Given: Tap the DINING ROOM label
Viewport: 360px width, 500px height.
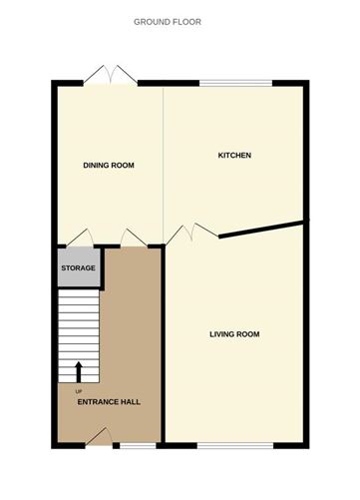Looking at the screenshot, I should click(x=109, y=166).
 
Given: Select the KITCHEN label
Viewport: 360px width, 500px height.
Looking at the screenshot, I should click(x=234, y=156).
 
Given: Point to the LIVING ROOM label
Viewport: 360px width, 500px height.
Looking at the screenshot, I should click(x=234, y=334).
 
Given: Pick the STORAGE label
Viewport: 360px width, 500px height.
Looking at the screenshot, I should click(x=79, y=268).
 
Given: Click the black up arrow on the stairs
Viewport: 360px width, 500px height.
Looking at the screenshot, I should click(x=79, y=371).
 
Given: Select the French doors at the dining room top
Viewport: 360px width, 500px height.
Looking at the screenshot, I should click(x=109, y=78).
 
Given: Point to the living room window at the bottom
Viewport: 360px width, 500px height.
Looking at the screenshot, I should click(x=233, y=442).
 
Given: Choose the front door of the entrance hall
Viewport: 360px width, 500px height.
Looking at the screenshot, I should click(x=99, y=436).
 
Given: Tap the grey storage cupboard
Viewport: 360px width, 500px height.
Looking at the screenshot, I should click(x=78, y=267).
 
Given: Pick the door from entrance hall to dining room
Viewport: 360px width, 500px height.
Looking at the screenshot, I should click(x=134, y=238).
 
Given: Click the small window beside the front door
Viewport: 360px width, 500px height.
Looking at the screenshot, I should click(x=133, y=442).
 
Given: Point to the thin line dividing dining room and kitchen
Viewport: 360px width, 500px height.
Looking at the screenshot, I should click(x=164, y=160).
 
